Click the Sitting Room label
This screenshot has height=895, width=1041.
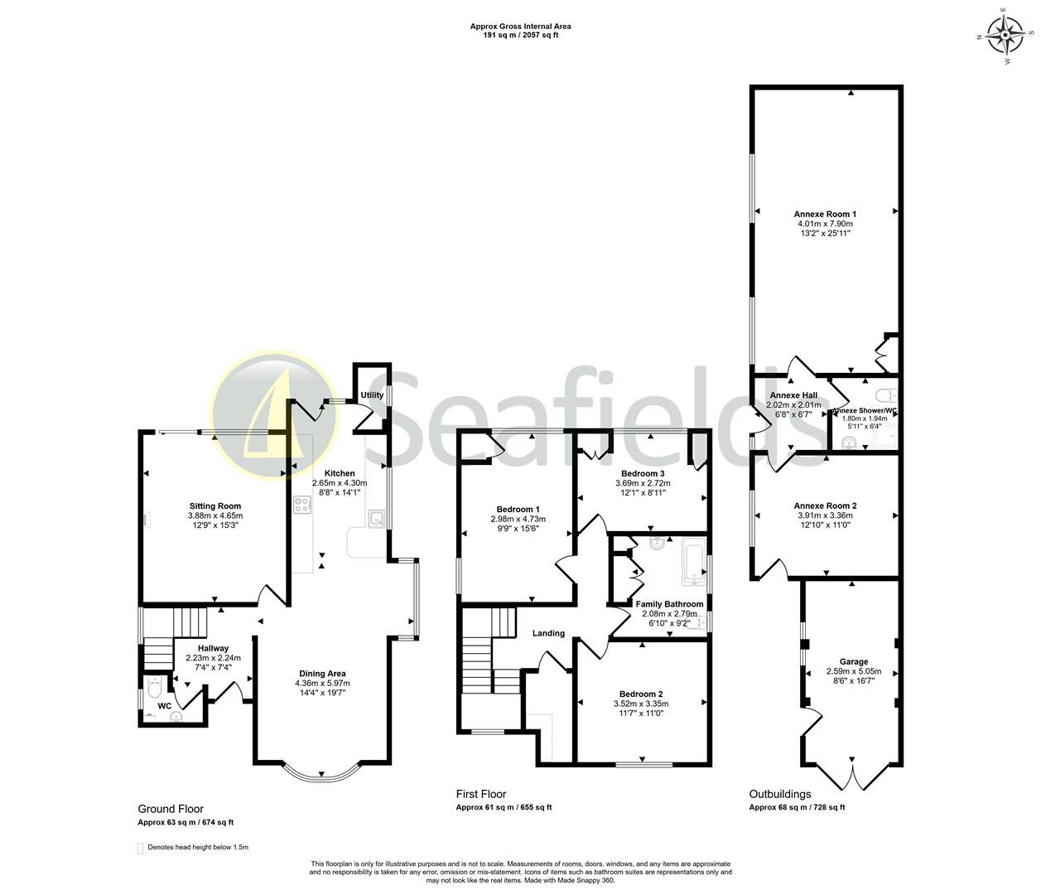pos(214,506)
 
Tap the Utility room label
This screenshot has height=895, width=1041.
pos(372,395)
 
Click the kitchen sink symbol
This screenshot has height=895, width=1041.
pos(376,520)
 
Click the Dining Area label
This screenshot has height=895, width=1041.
pos(322,673)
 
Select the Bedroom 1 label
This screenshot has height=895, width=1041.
pos(518,509)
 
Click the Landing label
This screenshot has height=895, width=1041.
pos(548,633)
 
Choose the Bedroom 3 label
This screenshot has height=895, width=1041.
pos(643,473)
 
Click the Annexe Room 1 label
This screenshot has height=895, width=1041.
pos(824,214)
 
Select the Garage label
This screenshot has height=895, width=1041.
pos(854,661)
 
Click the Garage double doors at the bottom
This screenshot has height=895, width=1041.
pos(853,774)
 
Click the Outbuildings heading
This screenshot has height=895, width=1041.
pos(779,793)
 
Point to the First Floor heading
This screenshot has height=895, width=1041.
pos(480,793)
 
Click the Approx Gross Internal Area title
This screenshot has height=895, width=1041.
pos(520,27)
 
